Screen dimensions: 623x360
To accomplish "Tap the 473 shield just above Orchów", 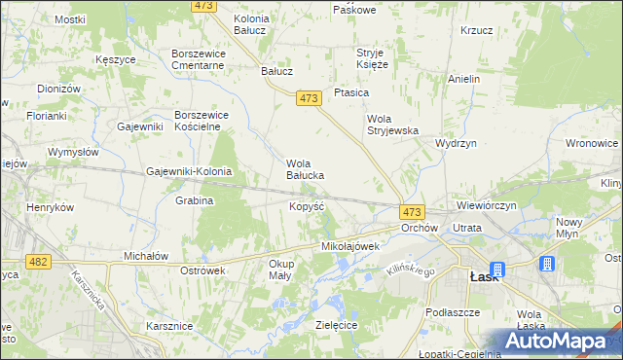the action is coord(412,211).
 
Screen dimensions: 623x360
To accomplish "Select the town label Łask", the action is coord(484,276).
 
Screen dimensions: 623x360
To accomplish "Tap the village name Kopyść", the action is coord(308,207).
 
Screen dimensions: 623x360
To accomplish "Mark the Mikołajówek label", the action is coord(349,247).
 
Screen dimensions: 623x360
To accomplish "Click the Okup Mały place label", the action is coord(281,270).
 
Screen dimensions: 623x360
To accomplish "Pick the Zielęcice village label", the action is coord(337,324).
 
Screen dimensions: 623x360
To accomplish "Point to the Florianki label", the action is coord(18,116).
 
